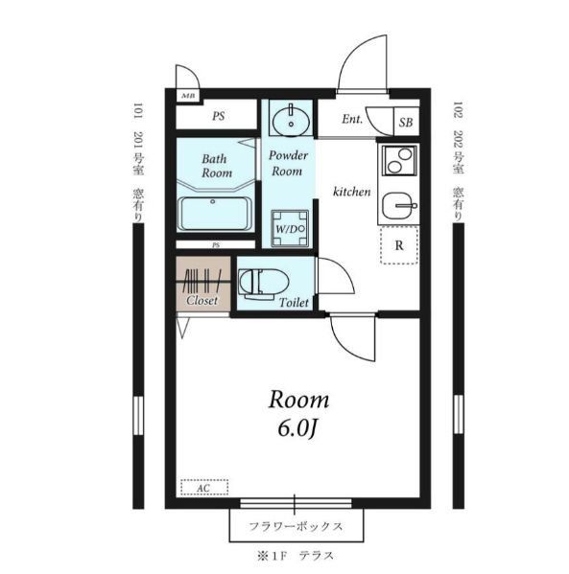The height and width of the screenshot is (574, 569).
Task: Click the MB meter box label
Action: coord(188,96)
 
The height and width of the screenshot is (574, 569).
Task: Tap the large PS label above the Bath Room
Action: coord(219,116)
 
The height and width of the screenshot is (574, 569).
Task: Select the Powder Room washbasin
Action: coord(291,120)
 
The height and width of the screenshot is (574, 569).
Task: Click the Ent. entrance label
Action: coord(352,119)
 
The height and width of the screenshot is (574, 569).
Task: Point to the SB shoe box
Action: coord(406,122)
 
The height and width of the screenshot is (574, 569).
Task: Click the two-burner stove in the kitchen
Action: coord(399,160)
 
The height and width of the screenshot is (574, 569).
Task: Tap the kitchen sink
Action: coord(399,206)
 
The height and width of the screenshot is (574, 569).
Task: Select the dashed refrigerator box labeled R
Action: coord(399,245)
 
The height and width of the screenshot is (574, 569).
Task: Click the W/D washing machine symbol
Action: coord(290,229)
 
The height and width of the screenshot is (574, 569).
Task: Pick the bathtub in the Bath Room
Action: coord(215,214)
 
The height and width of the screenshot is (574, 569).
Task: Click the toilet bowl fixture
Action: coord(263,283)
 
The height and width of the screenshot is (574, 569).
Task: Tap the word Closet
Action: coord(202,301)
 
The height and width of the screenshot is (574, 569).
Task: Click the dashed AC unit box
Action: coord(204,487)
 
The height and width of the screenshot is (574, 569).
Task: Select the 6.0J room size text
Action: coord(296,428)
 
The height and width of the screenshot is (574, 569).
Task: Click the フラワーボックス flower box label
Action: coord(296,527)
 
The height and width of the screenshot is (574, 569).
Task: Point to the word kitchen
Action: coord(351,192)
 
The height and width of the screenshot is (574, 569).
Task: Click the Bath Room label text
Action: coord(216,166)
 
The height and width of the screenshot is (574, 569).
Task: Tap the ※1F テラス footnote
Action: coord(296,556)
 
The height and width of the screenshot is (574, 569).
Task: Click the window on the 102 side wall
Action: coord(459,414)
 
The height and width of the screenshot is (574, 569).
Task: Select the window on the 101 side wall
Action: coord(138,416)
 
